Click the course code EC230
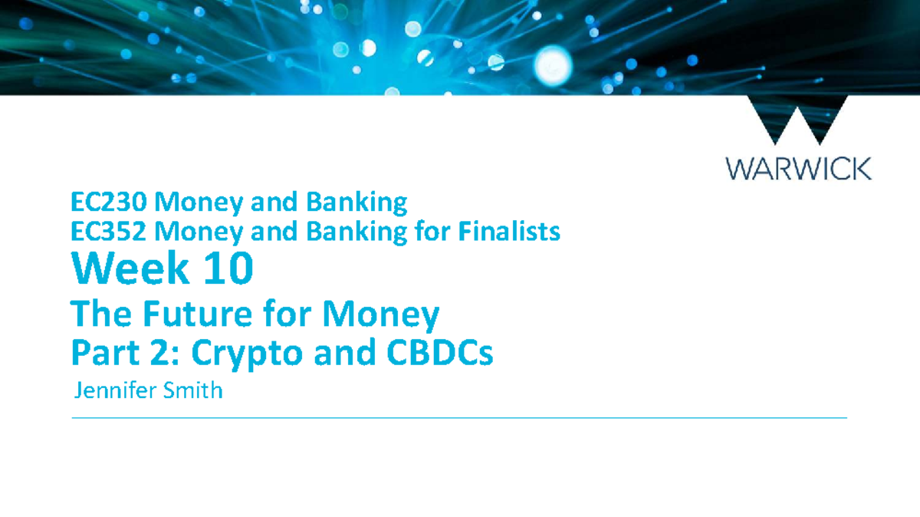tap(109, 202)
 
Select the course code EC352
tap(109, 232)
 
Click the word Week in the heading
tap(130, 268)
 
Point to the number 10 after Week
tap(228, 268)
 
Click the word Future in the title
tap(197, 314)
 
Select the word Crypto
tap(247, 354)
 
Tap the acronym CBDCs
tap(440, 353)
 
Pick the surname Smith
tap(193, 390)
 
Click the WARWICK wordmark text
tap(799, 169)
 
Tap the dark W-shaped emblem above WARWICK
tap(797, 120)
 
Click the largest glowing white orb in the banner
tap(554, 65)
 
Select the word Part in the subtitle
tap(105, 353)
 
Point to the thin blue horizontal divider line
tap(459, 418)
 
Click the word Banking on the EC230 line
tap(357, 203)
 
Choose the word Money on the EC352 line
tap(199, 232)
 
